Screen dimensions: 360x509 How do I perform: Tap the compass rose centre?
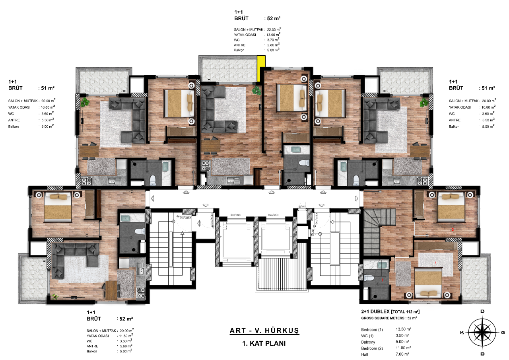point(482,332)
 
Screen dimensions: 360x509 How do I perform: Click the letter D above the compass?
point(482,311)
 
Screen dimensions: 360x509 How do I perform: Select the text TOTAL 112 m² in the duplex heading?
point(406,311)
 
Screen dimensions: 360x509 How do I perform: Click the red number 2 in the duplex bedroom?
point(452,230)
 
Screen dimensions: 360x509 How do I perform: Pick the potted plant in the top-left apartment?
point(85,103)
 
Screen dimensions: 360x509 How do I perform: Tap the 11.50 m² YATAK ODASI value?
point(126,336)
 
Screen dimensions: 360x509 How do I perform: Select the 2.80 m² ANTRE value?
point(273,45)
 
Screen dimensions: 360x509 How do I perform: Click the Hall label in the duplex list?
point(365,354)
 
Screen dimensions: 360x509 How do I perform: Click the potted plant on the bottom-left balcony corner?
point(54,296)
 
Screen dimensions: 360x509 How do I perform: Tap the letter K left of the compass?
point(462,333)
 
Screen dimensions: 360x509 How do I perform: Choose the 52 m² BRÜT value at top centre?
point(275,18)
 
